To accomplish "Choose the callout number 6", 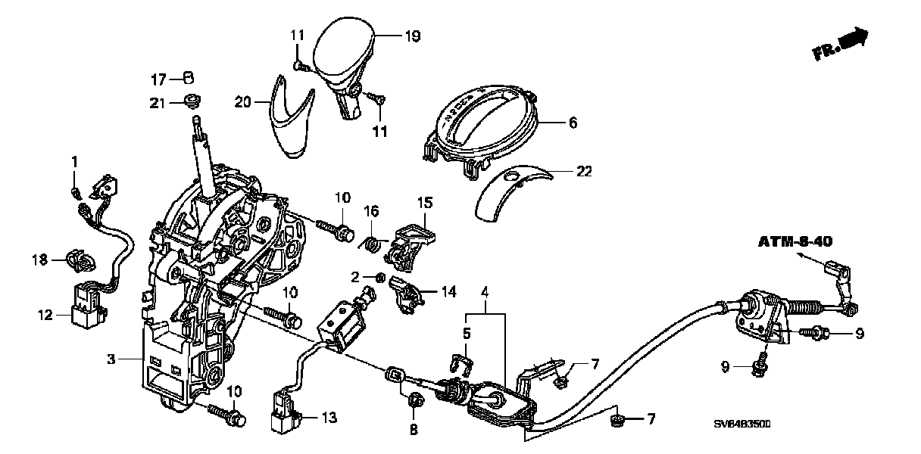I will click(573, 120).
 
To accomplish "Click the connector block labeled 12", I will click(86, 303).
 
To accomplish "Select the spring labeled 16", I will click(372, 244).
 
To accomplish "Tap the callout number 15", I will click(425, 203).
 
